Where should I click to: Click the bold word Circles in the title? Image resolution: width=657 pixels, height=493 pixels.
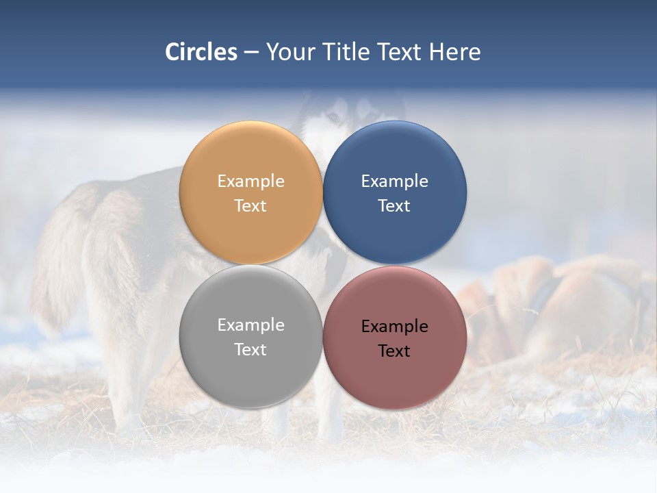[201, 52]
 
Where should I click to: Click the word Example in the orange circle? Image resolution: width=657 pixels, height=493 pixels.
[250, 181]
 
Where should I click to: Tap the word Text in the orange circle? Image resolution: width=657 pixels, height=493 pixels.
[250, 206]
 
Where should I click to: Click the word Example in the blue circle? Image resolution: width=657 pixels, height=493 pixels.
[395, 181]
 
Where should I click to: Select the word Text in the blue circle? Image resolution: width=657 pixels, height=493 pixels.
[395, 206]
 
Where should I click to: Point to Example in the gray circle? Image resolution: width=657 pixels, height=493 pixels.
[250, 325]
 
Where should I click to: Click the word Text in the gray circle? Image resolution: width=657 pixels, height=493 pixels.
[250, 350]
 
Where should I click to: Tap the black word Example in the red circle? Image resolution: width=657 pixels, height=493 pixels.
[395, 327]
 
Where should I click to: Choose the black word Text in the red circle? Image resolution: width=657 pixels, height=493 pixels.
[395, 351]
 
